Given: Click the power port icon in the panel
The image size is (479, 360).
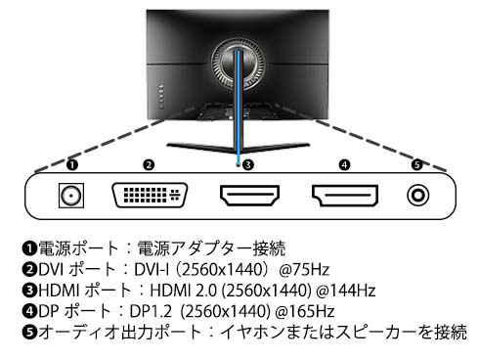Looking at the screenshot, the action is click(71, 196).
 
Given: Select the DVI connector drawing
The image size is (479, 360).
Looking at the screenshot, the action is click(150, 195).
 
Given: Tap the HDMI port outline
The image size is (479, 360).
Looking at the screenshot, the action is click(249, 196).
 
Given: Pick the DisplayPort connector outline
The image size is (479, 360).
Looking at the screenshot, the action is click(345, 196).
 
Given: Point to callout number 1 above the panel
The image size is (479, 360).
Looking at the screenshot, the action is click(72, 164).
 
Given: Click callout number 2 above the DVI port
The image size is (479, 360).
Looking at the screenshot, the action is click(149, 164).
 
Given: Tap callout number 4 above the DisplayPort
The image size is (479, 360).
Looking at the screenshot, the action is click(345, 164).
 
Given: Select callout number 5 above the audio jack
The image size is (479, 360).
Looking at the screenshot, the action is click(417, 164).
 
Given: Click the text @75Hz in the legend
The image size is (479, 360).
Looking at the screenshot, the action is click(304, 270).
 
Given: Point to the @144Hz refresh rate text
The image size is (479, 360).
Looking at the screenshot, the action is click(346, 291).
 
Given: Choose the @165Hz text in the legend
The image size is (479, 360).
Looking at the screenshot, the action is click(305, 311).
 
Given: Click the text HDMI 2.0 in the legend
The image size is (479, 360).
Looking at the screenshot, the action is click(183, 291).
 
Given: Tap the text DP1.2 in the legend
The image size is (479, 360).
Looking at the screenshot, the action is click(151, 311).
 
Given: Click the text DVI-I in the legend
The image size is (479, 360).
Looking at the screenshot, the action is click(152, 270).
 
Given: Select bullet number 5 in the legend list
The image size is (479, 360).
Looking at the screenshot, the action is click(29, 333).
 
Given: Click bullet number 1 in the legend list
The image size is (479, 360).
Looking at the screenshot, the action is click(29, 248).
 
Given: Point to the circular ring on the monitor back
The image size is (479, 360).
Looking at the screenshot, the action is click(214, 66).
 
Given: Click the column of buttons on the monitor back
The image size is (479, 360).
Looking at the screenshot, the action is click(161, 96).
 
